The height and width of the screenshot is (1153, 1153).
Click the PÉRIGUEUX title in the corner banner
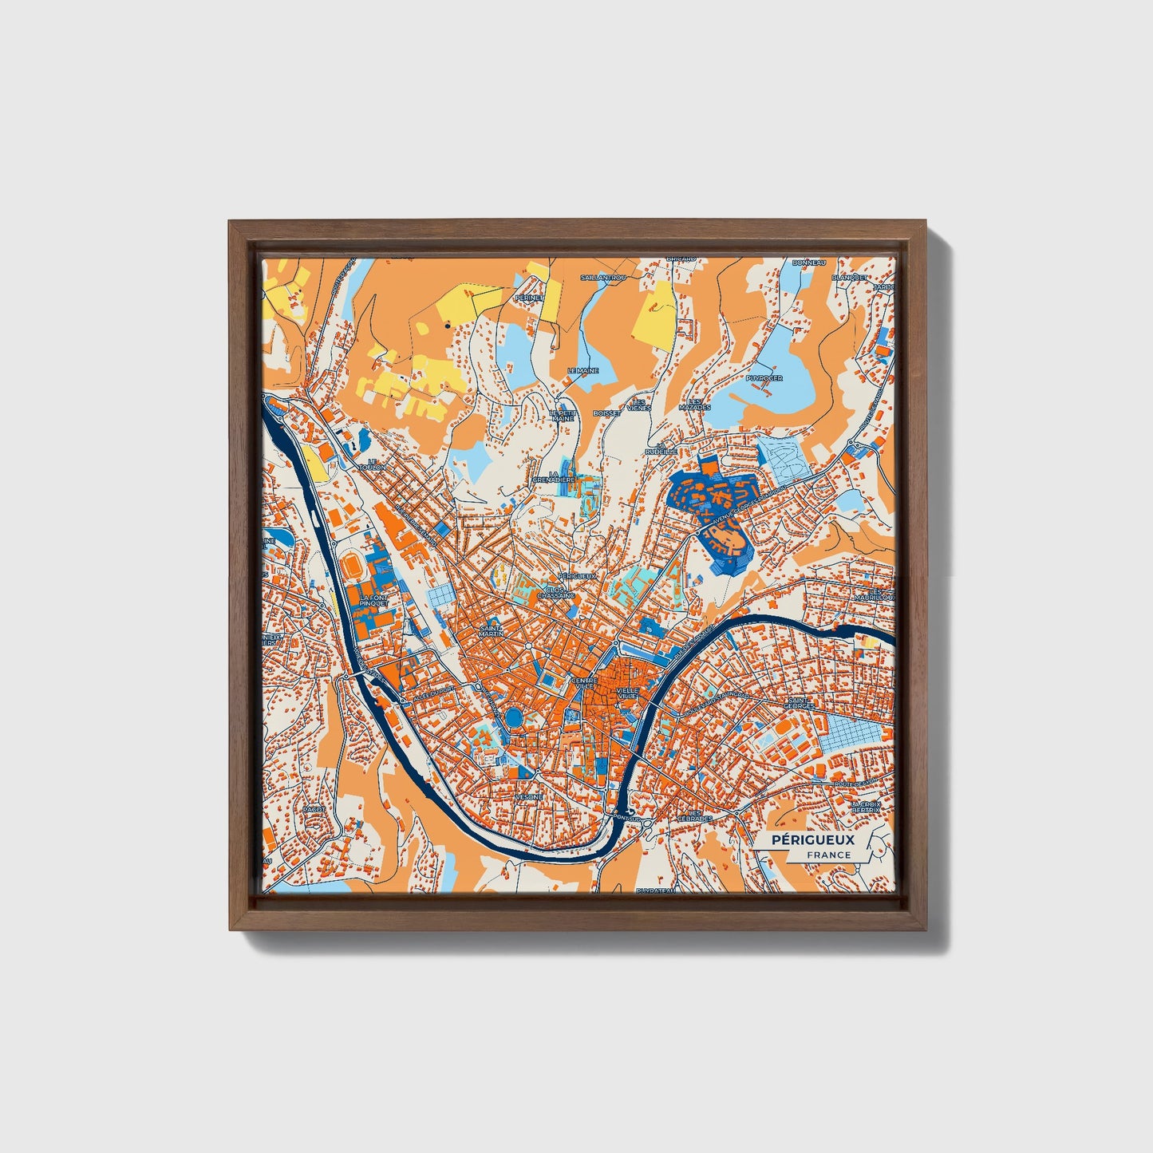[x=812, y=839]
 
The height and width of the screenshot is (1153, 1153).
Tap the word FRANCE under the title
[x=828, y=855]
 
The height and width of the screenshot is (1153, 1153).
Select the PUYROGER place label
[x=764, y=378]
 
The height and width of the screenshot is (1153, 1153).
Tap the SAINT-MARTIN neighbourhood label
[x=490, y=630]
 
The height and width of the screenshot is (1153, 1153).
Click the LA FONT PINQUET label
[x=373, y=600]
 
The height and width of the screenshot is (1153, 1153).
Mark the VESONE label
[x=529, y=796]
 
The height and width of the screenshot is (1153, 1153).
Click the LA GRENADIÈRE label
[x=556, y=477]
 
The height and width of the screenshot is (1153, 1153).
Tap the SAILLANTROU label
[x=604, y=277]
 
